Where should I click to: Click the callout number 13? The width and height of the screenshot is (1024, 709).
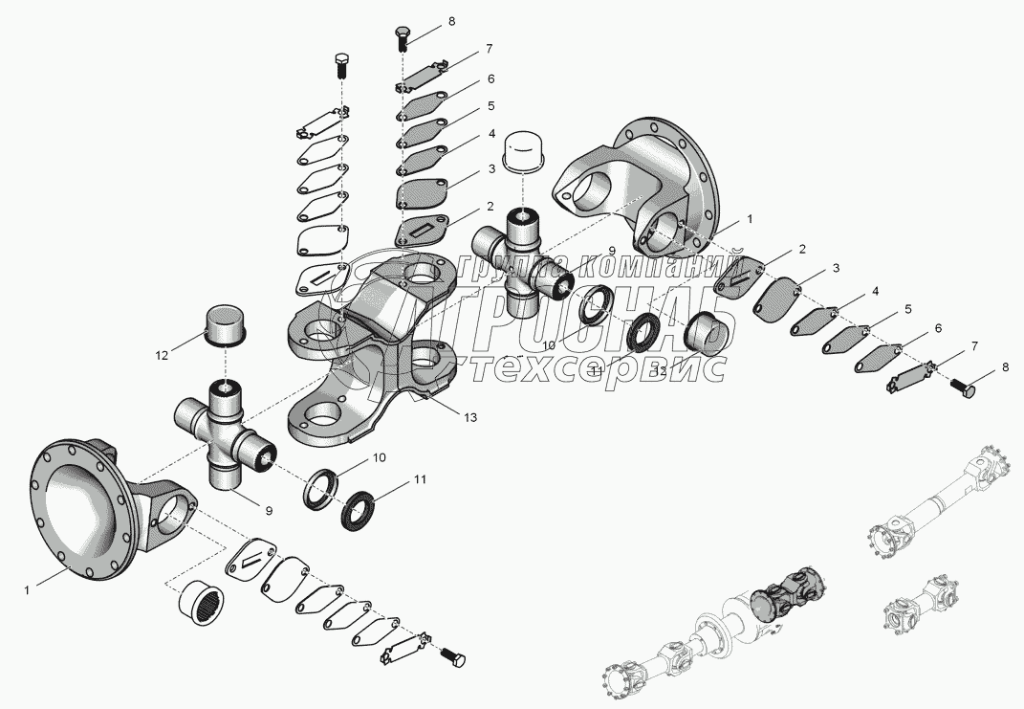tap(468, 417)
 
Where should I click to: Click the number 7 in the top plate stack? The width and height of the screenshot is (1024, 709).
tap(489, 48)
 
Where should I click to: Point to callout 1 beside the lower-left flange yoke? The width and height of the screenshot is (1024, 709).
tap(27, 590)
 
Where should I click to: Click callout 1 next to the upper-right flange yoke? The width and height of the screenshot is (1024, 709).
tap(750, 219)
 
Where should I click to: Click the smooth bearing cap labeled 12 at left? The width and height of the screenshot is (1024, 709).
tap(226, 325)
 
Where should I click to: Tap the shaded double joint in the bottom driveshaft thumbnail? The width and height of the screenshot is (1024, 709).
tap(790, 592)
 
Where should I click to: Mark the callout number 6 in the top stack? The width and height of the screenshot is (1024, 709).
tap(490, 79)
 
